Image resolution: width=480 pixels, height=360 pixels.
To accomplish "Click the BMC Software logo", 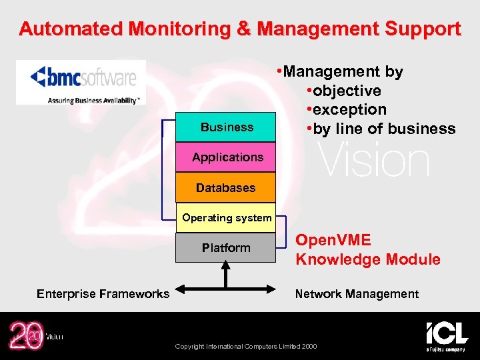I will pyautogui.click(x=81, y=83).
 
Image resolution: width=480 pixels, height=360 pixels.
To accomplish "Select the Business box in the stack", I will pyautogui.click(x=226, y=127).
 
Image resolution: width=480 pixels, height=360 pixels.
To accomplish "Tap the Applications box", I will pyautogui.click(x=226, y=157).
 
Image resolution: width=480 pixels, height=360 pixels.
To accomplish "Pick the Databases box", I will pyautogui.click(x=226, y=188).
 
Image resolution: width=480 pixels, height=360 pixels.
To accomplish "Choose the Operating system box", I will pyautogui.click(x=226, y=218).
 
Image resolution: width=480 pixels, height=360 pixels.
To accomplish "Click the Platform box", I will pyautogui.click(x=226, y=248).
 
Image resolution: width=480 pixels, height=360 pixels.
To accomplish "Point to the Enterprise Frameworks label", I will pyautogui.click(x=103, y=294).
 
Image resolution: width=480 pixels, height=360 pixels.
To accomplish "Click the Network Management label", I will pyautogui.click(x=357, y=294).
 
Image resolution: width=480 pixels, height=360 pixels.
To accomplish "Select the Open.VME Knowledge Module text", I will pyautogui.click(x=367, y=250).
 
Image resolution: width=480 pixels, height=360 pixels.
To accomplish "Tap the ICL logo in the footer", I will pyautogui.click(x=447, y=335).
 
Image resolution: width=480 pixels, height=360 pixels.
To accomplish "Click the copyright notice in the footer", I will pyautogui.click(x=246, y=346).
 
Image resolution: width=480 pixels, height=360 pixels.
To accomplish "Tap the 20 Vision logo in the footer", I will pyautogui.click(x=33, y=335).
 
